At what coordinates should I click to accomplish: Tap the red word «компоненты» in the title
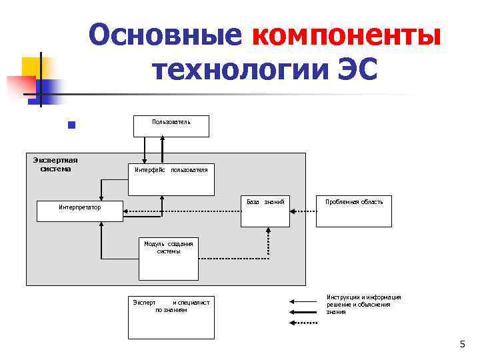pos(347,35)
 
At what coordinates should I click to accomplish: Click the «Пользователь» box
pos(171,125)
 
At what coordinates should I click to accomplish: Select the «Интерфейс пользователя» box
pos(171,179)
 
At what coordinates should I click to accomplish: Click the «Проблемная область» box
pos(354,211)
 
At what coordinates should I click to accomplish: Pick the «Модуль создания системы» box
pos(168,259)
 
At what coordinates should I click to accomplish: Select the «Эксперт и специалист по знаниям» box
pos(171,317)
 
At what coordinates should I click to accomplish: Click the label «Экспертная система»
pos(55,164)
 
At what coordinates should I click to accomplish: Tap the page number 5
pos(463,344)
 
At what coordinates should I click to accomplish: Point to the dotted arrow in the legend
pos(303,323)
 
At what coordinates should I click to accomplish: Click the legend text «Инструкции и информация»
pos(363,297)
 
